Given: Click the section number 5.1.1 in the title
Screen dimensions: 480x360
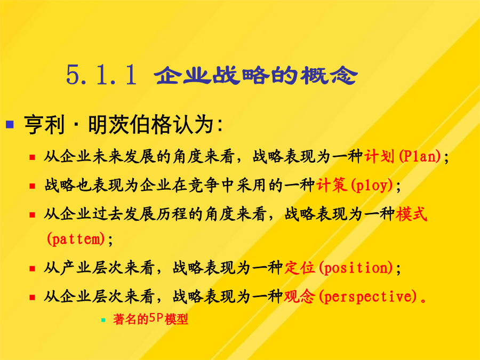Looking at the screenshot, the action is tap(101, 75).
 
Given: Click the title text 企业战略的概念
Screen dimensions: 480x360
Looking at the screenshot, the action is tap(256, 75).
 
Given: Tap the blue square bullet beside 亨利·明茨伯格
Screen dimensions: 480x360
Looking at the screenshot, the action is tap(10, 124).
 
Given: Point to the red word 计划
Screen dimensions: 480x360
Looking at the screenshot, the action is tap(379, 156).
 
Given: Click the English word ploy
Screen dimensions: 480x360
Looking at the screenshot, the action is tap(372, 185).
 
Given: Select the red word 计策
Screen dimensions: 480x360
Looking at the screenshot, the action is tap(332, 185).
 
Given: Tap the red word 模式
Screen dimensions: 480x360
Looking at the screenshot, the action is tap(411, 214).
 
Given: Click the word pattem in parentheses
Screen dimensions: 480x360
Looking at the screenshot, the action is tap(76, 239).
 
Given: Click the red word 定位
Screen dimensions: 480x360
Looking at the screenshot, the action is tap(299, 268).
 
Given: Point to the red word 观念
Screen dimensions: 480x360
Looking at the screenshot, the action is tap(299, 296).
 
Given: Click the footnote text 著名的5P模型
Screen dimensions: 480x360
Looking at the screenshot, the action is tap(150, 319).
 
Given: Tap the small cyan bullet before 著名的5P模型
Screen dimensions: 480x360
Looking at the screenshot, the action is tap(103, 320).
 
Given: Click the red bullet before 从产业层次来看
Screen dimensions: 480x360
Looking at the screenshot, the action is tap(32, 269).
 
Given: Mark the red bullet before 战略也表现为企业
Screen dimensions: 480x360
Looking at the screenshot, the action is tap(32, 186).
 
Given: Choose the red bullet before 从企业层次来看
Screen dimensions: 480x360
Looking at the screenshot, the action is tap(32, 297).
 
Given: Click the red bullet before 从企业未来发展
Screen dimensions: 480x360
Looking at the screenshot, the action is tap(32, 157).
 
